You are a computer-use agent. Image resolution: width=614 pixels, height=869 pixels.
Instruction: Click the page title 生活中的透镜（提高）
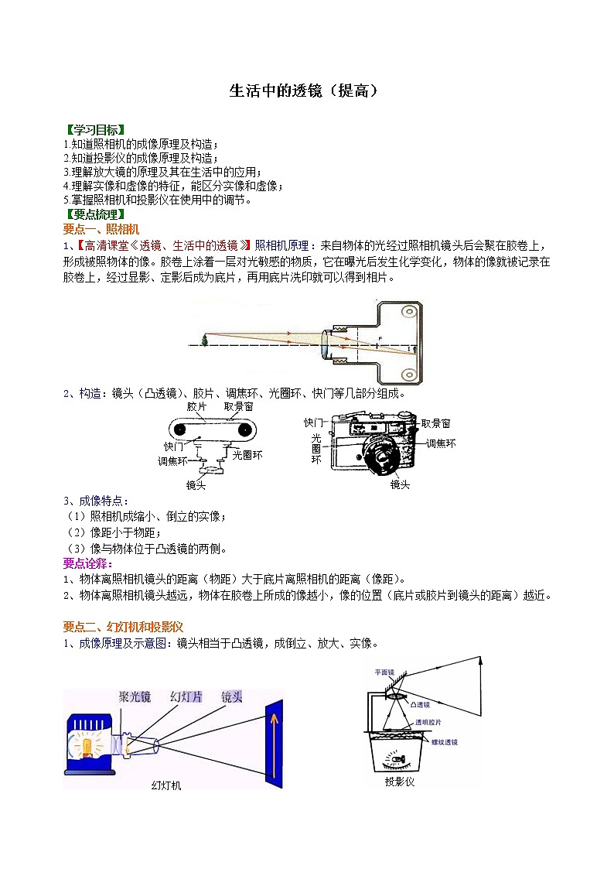click(x=306, y=91)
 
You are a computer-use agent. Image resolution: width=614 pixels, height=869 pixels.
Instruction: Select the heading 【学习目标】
click(x=94, y=129)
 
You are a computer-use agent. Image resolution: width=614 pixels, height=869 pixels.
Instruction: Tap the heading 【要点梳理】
click(x=94, y=214)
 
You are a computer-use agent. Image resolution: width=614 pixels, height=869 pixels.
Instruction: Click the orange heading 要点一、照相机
click(x=101, y=229)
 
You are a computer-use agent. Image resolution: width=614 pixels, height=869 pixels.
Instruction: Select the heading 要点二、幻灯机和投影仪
click(x=122, y=626)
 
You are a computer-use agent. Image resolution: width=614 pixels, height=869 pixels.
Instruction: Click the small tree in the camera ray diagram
click(x=204, y=339)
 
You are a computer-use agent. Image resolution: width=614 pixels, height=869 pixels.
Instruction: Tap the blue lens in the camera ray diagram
click(x=326, y=344)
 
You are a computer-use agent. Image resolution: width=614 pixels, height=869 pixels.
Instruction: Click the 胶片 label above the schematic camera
click(x=196, y=406)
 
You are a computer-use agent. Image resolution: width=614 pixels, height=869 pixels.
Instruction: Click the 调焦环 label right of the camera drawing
click(x=441, y=443)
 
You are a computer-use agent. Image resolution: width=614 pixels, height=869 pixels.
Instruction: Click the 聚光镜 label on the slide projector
click(x=135, y=696)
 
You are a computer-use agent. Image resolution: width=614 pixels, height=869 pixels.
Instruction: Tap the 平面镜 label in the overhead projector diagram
click(x=384, y=672)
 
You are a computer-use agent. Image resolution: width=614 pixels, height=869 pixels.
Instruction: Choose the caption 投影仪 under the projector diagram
click(x=400, y=782)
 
